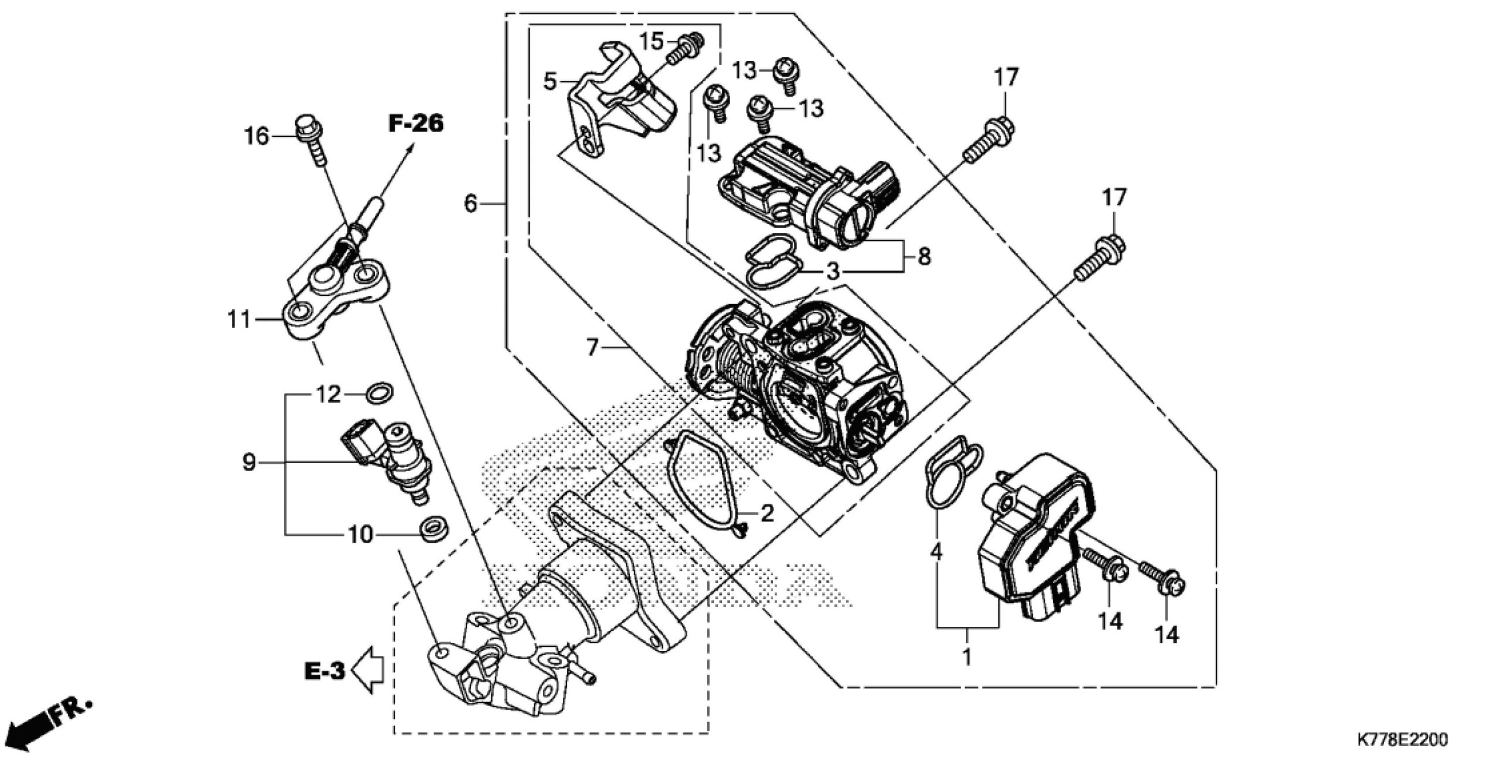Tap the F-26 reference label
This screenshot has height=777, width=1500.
pyautogui.click(x=416, y=124)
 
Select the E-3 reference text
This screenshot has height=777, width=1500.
pyautogui.click(x=325, y=671)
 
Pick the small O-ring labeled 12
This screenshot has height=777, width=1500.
pyautogui.click(x=379, y=393)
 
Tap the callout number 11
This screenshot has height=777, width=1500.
pyautogui.click(x=239, y=320)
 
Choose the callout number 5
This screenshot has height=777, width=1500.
pyautogui.click(x=550, y=81)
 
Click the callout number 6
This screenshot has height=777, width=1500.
pyautogui.click(x=471, y=204)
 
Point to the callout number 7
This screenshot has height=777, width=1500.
pyautogui.click(x=593, y=348)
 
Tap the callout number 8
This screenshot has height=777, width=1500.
pyautogui.click(x=924, y=256)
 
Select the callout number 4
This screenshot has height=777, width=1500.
pyautogui.click(x=936, y=551)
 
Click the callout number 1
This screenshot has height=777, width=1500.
pyautogui.click(x=967, y=656)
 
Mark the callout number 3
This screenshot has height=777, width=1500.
pyautogui.click(x=833, y=271)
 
